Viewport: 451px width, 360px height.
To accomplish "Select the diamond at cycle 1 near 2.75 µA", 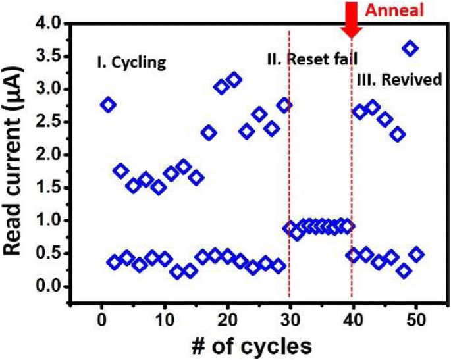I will (108, 104).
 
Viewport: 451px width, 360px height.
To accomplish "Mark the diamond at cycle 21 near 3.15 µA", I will (234, 80).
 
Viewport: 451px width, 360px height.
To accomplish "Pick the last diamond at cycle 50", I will (416, 255).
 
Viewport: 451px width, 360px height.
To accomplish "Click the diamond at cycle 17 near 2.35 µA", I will (209, 132).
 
